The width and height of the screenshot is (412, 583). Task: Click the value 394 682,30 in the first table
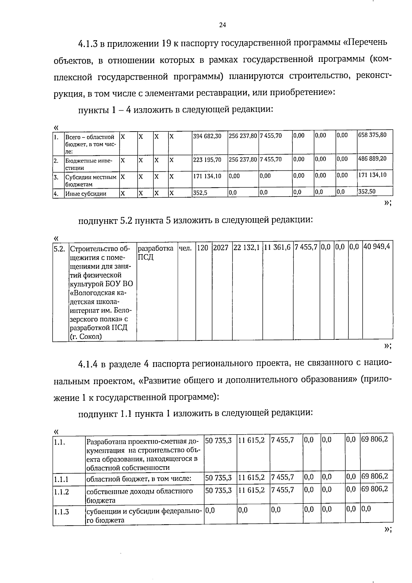[x=207, y=136]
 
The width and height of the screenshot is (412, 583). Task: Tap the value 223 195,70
[x=207, y=160]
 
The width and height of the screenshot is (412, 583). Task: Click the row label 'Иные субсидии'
[x=86, y=194]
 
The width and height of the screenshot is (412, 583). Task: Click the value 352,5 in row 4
[x=200, y=193]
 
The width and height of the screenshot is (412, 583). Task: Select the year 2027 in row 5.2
[x=221, y=248]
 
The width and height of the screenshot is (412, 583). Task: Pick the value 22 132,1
[x=246, y=248]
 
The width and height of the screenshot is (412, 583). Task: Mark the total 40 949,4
[x=377, y=247]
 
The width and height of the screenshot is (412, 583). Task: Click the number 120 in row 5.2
[x=203, y=248]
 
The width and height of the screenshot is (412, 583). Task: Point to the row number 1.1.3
[x=61, y=512]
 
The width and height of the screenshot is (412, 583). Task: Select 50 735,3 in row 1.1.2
[x=218, y=490]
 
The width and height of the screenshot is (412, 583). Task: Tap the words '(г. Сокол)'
[x=86, y=337]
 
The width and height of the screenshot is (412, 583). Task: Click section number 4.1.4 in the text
[x=89, y=364]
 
